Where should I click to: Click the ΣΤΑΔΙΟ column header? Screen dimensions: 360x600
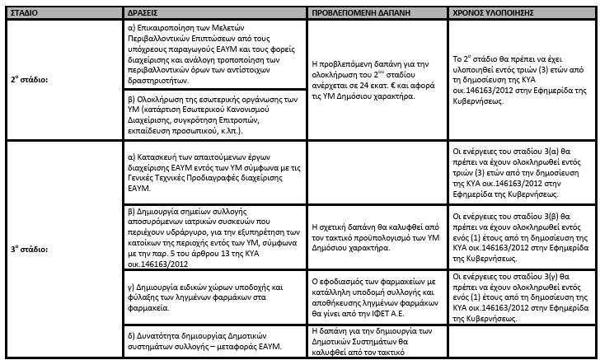tap(27, 14)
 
